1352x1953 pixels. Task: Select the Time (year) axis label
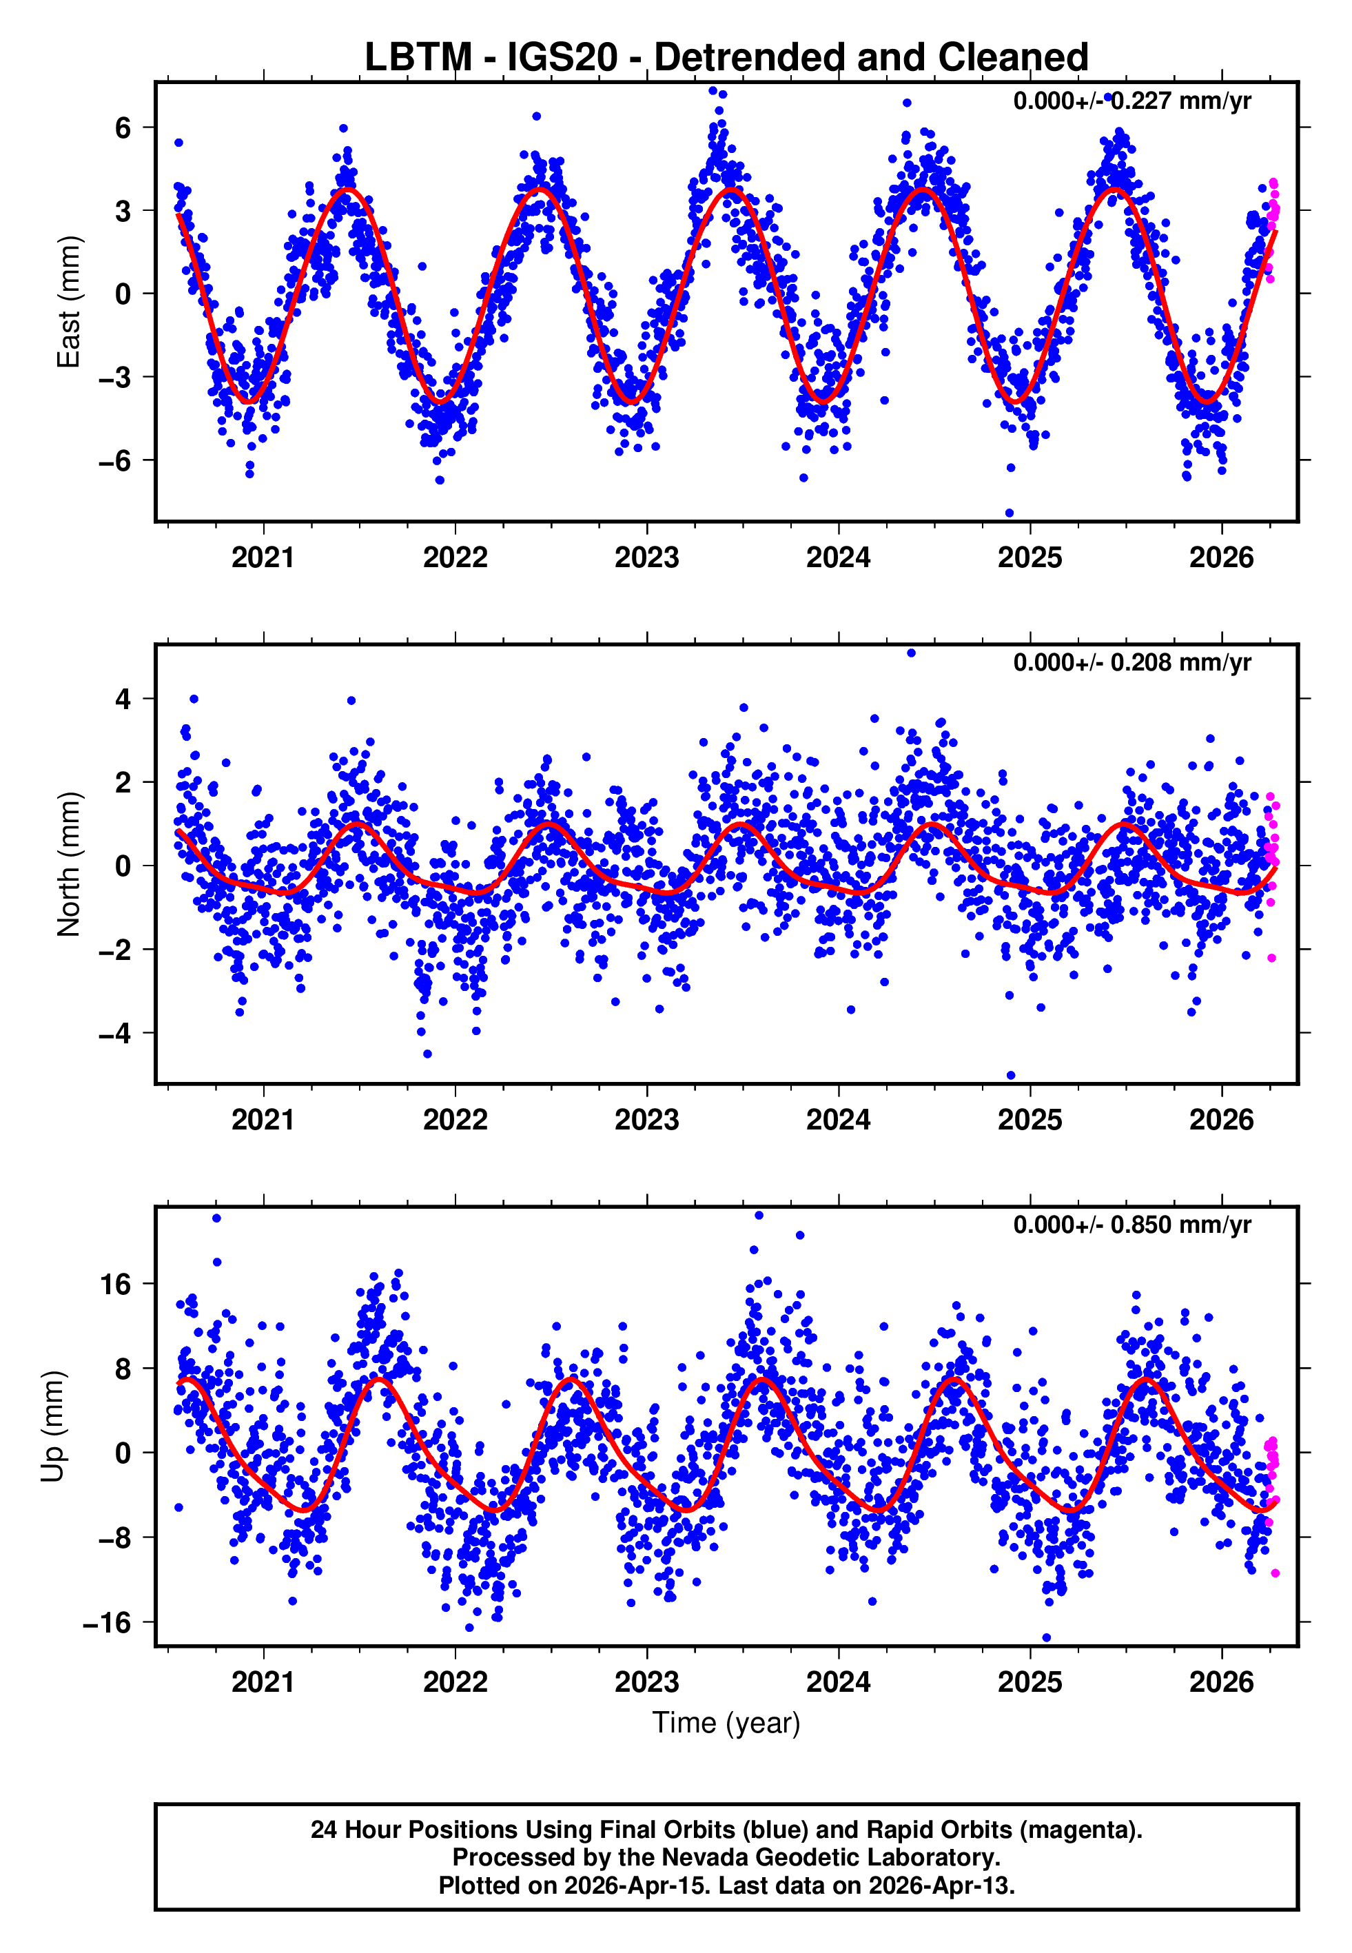[x=726, y=1723]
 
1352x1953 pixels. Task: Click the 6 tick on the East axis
[x=123, y=128]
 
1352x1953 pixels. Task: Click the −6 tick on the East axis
[x=115, y=461]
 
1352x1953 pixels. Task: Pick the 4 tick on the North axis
[x=123, y=699]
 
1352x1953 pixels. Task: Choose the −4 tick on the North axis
[x=115, y=1033]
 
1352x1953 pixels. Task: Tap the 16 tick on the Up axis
[x=116, y=1285]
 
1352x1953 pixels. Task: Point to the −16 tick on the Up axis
[x=107, y=1623]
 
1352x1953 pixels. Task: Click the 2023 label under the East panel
[x=646, y=558]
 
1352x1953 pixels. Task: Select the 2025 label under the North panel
[x=1030, y=1120]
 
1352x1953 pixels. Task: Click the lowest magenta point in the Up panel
[x=1275, y=1573]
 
